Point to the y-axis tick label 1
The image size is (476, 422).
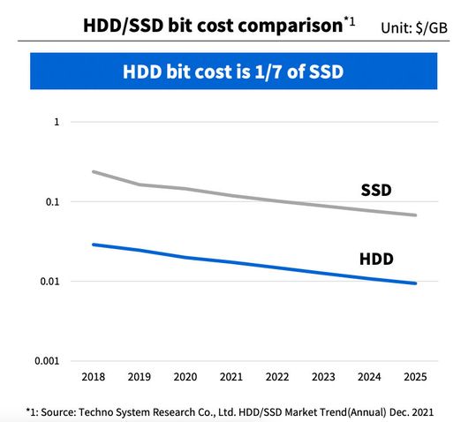(57, 122)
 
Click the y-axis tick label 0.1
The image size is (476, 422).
(51, 202)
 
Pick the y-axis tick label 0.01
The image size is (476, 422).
(49, 282)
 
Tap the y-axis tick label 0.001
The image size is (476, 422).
(46, 361)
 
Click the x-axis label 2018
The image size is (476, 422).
(92, 377)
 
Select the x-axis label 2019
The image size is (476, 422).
(138, 377)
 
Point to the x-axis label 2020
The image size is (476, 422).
(185, 377)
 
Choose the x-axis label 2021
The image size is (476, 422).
(230, 377)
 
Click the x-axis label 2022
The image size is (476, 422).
(276, 377)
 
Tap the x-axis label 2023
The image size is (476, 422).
(322, 377)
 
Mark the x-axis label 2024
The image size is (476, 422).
(369, 377)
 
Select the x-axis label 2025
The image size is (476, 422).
(414, 377)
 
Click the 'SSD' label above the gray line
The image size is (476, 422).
(376, 190)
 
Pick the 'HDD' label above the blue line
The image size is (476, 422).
(376, 259)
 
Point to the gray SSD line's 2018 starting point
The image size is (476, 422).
(93, 172)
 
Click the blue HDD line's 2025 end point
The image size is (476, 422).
(415, 283)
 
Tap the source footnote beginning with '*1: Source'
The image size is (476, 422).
(230, 411)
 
